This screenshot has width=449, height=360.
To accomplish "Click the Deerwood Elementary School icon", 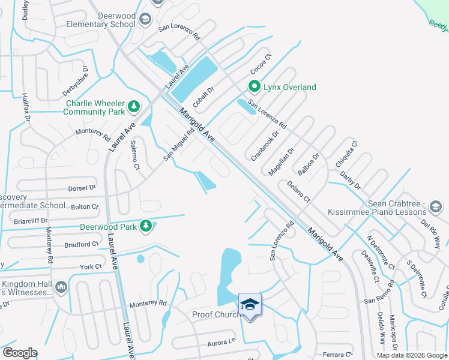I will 145,20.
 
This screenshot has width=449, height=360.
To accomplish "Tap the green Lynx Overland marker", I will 254,87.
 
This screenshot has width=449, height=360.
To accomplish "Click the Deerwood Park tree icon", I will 145,226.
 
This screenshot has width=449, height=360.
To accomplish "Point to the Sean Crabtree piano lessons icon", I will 436,208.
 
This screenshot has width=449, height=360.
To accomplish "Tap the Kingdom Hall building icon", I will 61,288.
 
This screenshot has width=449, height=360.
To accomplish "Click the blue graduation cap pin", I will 250,304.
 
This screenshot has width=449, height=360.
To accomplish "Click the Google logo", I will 20,353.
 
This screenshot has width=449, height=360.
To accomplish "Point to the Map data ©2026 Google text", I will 411,355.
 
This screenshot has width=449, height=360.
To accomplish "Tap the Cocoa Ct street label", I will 261,64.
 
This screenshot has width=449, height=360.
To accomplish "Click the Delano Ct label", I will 298,191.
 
